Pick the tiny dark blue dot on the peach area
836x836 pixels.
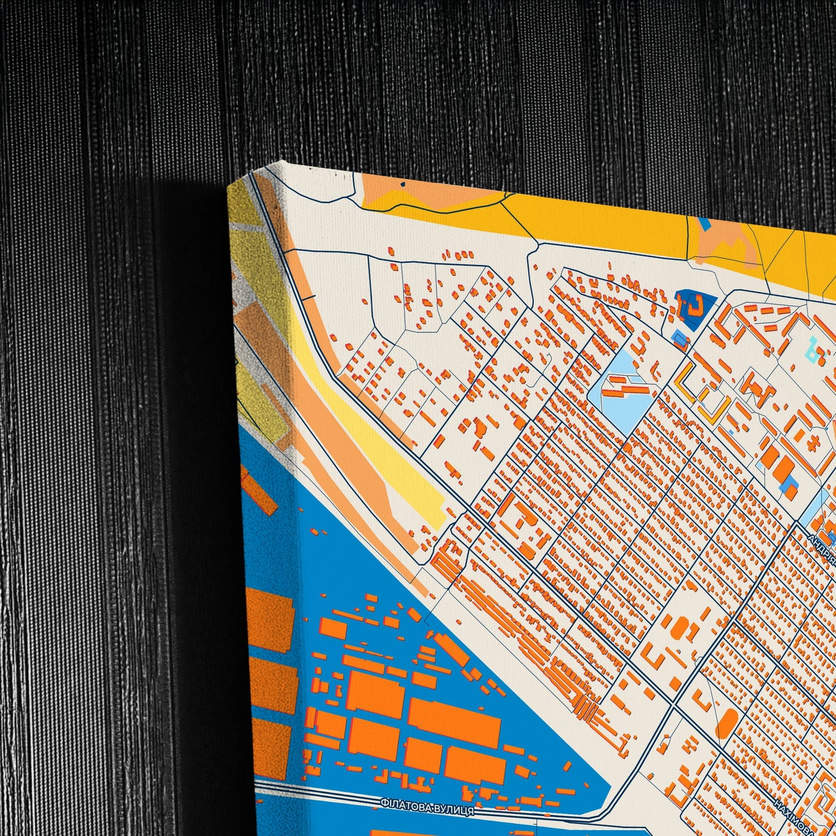click(403, 184)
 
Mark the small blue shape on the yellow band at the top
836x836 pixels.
click(704, 222)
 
